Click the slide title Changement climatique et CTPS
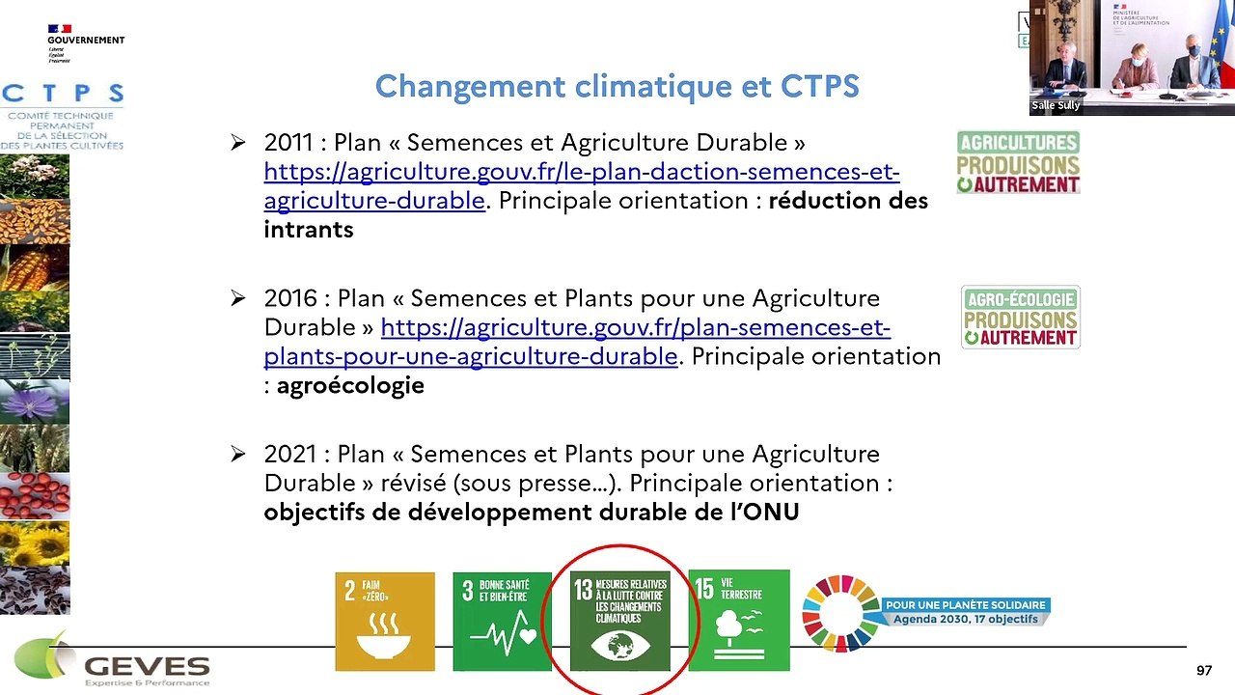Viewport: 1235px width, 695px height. (x=617, y=87)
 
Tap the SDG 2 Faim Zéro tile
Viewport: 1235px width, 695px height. (x=385, y=621)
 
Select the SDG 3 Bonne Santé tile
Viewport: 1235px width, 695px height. (x=502, y=621)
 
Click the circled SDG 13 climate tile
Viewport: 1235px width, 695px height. (x=619, y=621)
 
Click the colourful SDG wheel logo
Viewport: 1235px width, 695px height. (x=839, y=613)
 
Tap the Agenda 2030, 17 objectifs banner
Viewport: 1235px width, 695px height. (x=965, y=612)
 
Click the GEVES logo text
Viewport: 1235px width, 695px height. (x=147, y=667)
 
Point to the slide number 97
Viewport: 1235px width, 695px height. (x=1203, y=671)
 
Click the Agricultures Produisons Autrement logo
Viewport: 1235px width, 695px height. (x=1018, y=162)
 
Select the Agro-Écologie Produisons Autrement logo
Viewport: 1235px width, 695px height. (x=1020, y=317)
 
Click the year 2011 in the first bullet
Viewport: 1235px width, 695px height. (x=288, y=143)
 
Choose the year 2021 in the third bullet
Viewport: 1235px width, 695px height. (x=289, y=454)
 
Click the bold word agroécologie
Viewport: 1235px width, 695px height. (x=350, y=386)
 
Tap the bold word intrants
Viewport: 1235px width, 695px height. (x=309, y=230)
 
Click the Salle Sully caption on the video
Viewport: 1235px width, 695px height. (x=1056, y=105)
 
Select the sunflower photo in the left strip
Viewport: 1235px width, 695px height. (x=35, y=543)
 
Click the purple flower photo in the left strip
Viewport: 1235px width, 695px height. (x=35, y=402)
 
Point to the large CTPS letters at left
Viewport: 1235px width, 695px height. (x=63, y=94)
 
